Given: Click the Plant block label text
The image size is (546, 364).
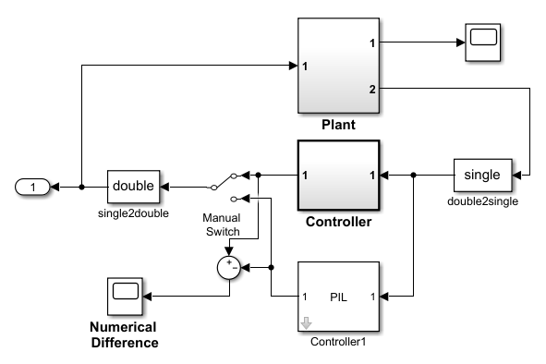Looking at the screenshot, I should tap(338, 124).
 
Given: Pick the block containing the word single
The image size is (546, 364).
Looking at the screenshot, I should tap(481, 174).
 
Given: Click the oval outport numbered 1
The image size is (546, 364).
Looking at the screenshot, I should tap(33, 187).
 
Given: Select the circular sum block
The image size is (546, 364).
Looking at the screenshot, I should tap(227, 267).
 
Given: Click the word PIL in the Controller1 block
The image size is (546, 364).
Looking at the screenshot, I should tap(338, 297).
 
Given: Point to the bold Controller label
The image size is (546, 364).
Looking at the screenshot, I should tap(338, 222).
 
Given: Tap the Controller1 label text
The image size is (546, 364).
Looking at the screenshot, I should tap(338, 342).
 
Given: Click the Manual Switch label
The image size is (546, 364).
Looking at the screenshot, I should tap(222, 224).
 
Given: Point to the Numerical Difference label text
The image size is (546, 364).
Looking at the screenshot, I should tap(123, 334).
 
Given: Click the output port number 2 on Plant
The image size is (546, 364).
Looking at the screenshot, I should tap(371, 89).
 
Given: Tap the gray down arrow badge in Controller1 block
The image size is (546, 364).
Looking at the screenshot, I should tap(306, 322).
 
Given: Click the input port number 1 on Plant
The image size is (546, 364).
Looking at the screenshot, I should tap(305, 66).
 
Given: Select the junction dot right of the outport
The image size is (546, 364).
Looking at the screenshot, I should tap(81, 187).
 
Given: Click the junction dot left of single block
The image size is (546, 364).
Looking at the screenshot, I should tap(413, 174).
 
